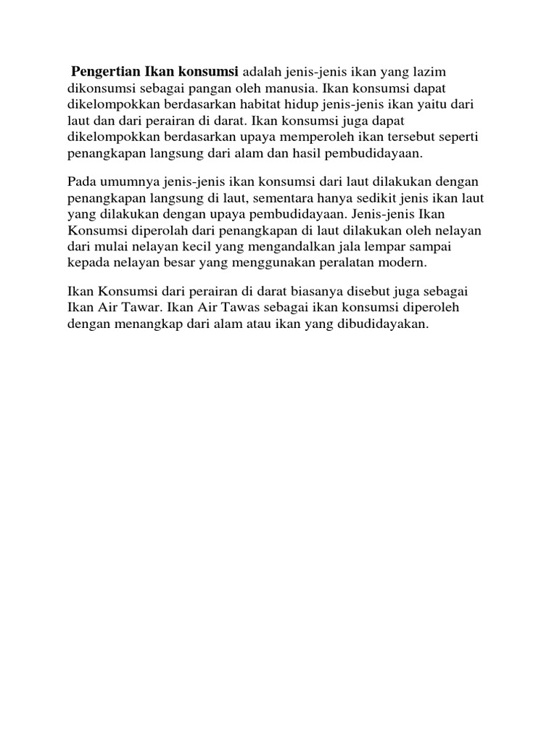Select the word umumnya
[x=124, y=181]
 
